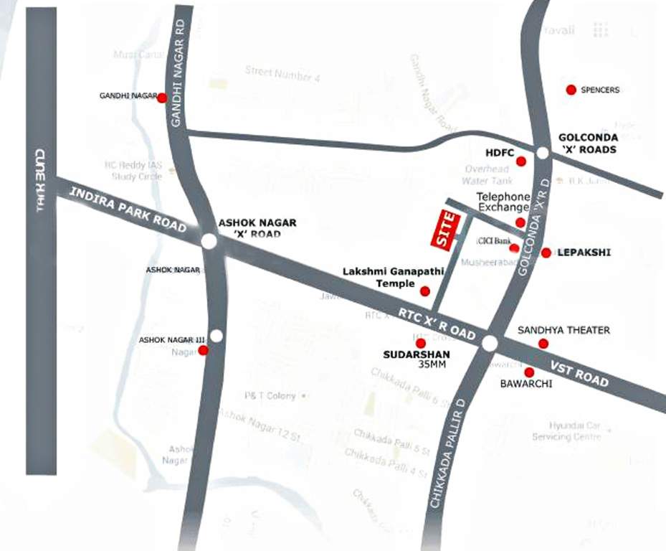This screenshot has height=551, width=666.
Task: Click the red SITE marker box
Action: click(x=445, y=230)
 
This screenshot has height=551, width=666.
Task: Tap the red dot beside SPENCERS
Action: click(x=571, y=90)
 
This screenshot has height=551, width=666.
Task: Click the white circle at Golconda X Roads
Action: click(x=543, y=153)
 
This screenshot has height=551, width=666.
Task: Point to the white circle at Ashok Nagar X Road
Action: click(x=209, y=242)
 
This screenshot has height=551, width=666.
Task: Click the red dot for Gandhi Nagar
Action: click(x=162, y=98)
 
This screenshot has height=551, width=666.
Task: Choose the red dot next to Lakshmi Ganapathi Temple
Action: click(x=424, y=291)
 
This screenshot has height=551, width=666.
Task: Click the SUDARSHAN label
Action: click(x=417, y=354)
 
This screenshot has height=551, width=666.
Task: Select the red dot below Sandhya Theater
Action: click(x=543, y=344)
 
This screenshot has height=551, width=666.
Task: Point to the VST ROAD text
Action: click(x=579, y=373)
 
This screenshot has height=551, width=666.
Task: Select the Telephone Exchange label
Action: click(x=505, y=202)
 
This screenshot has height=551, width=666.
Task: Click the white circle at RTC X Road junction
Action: click(x=490, y=344)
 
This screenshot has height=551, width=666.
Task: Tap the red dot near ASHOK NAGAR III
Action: click(x=203, y=350)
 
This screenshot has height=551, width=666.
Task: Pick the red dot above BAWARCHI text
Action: click(x=529, y=372)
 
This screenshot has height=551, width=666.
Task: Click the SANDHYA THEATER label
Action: click(x=563, y=330)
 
